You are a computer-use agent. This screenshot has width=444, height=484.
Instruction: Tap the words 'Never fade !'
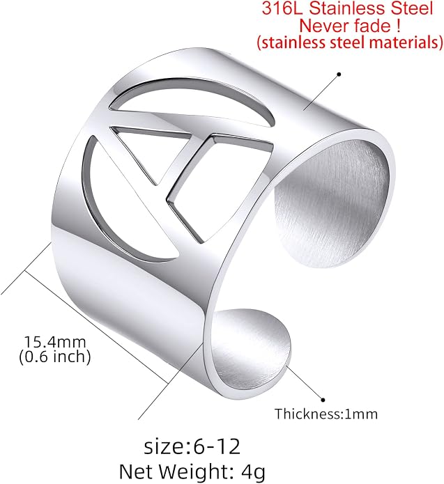click(x=350, y=25)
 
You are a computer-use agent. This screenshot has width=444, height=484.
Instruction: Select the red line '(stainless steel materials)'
click(x=350, y=42)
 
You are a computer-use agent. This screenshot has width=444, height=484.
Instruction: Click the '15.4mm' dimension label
click(x=54, y=342)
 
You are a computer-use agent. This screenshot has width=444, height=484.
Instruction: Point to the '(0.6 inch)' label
click(x=54, y=357)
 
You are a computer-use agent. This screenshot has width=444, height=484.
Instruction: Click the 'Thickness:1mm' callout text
click(x=326, y=414)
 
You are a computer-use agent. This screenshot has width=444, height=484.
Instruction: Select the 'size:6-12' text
click(x=192, y=446)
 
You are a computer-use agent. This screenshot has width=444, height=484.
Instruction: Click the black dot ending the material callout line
click(x=339, y=74)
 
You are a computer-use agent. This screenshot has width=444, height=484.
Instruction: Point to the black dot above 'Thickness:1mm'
click(x=323, y=400)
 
